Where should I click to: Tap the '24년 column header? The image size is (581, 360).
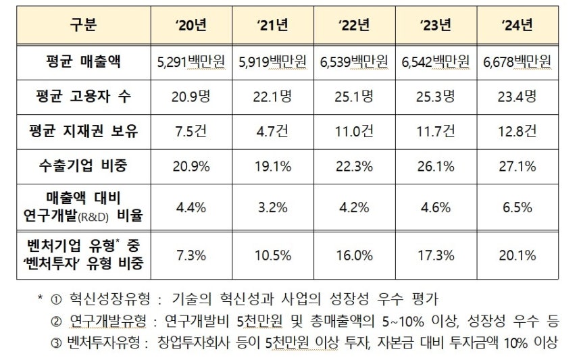pyautogui.click(x=517, y=26)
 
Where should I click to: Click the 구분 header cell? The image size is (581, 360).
pyautogui.click(x=83, y=26)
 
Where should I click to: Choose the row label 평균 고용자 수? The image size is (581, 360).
pyautogui.click(x=83, y=97)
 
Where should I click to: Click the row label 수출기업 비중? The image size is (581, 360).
pyautogui.click(x=83, y=165)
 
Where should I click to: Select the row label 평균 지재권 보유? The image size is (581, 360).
pyautogui.click(x=83, y=131)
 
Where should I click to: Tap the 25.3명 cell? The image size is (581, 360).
pyautogui.click(x=436, y=97)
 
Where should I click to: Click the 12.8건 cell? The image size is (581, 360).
pyautogui.click(x=517, y=131)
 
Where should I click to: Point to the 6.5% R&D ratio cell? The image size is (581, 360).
pyautogui.click(x=517, y=207)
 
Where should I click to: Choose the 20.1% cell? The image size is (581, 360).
pyautogui.click(x=517, y=255)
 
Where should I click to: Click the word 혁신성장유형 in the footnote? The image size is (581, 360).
pyautogui.click(x=101, y=299)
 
